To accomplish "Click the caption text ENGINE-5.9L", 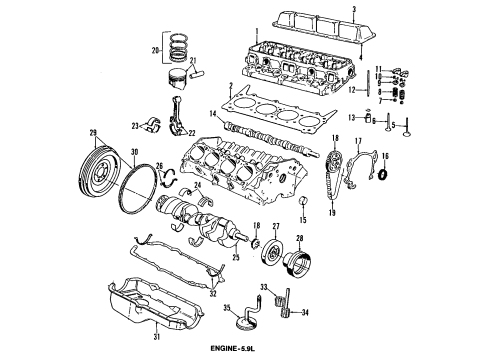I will tap(246, 347).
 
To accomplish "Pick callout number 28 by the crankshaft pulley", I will tap(300, 240).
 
